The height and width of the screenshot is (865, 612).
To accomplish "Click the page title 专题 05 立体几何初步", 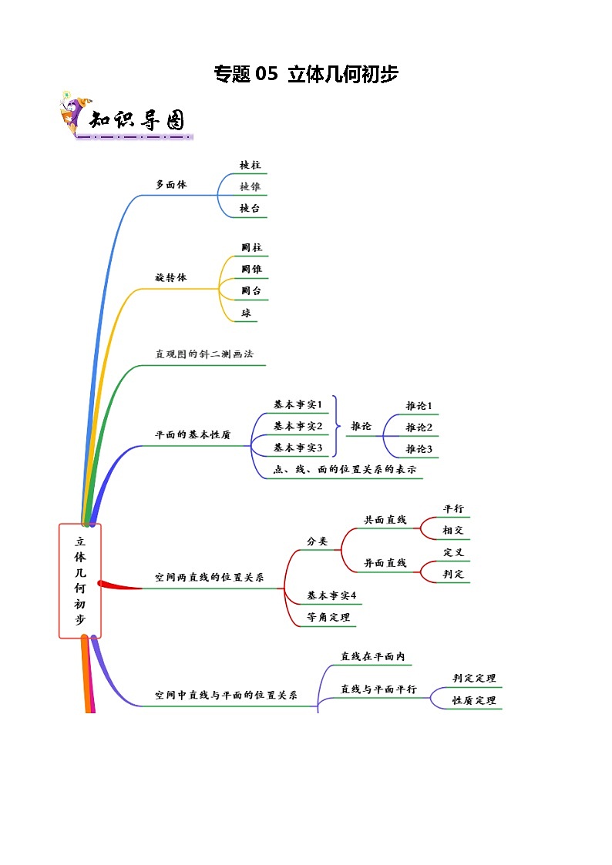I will (x=305, y=74).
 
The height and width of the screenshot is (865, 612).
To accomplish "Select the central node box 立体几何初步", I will (x=80, y=581).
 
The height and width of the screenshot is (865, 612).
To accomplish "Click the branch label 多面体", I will (x=171, y=185).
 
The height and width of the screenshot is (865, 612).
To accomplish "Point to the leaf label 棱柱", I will (x=250, y=165).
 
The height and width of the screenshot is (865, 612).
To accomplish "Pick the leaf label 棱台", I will (x=250, y=208).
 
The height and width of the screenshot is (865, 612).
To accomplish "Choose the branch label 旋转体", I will (x=171, y=277).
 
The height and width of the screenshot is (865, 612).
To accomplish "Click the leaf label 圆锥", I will (x=251, y=270).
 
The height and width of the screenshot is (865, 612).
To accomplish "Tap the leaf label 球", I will (x=247, y=313).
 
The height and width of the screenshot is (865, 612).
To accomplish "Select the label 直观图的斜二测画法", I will (x=204, y=354).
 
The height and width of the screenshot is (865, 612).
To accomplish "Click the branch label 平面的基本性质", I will (x=193, y=434).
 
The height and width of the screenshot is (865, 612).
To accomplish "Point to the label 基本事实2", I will (x=298, y=426).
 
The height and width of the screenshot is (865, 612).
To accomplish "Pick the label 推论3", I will (x=419, y=448).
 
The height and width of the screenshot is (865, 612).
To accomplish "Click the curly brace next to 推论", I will (x=336, y=426).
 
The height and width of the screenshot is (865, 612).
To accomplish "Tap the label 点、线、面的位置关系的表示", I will (x=345, y=469).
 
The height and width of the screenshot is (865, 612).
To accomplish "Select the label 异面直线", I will (x=385, y=563).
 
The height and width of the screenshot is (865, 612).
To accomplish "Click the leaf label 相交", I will (x=453, y=531).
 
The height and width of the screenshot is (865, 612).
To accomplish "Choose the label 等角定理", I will (x=328, y=617).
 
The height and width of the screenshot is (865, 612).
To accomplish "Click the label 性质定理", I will (x=474, y=700).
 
